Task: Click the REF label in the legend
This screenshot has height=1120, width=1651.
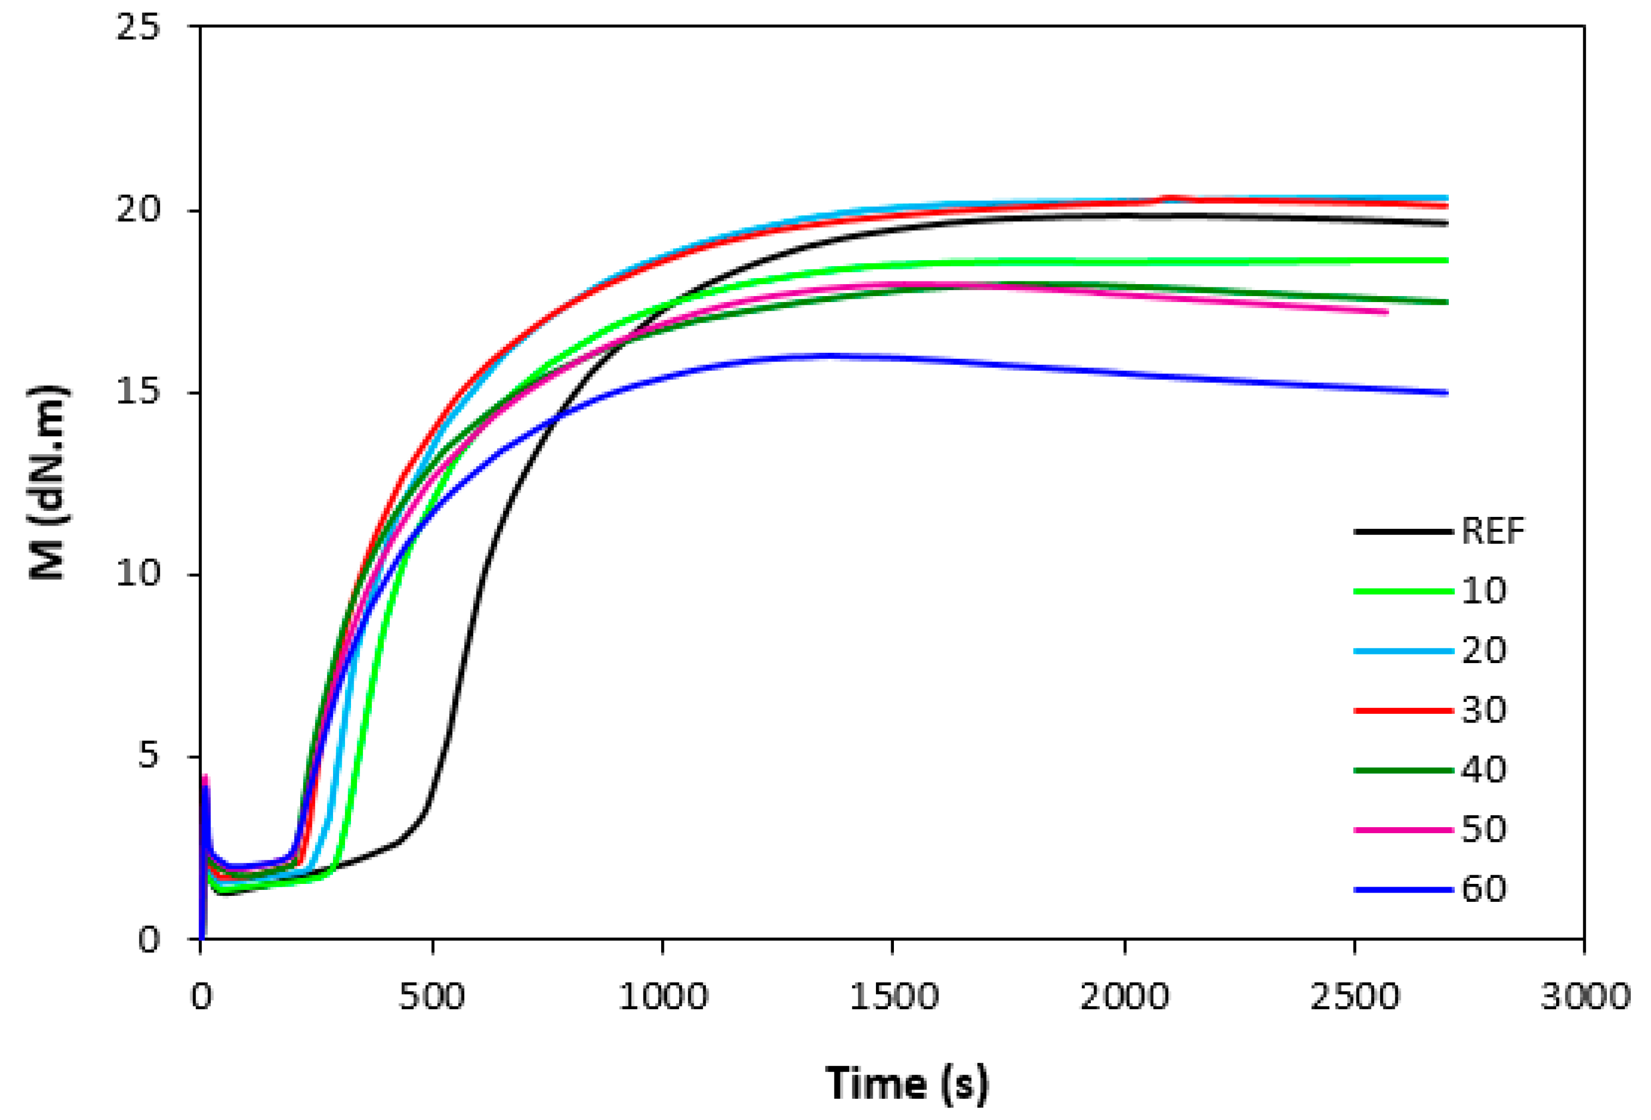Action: [1492, 531]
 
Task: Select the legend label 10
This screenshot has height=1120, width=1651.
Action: [1483, 591]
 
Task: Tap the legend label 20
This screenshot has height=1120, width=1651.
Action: [1483, 651]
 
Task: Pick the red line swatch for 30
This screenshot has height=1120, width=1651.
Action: [1403, 710]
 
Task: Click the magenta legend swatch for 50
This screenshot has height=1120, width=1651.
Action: [1403, 829]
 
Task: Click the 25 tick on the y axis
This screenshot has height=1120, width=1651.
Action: [138, 28]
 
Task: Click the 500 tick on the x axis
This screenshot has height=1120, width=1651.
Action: [431, 997]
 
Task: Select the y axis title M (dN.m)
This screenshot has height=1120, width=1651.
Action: [49, 483]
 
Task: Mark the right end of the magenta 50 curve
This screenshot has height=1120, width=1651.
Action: [1386, 312]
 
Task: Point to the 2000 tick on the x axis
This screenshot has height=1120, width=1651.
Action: [1124, 997]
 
